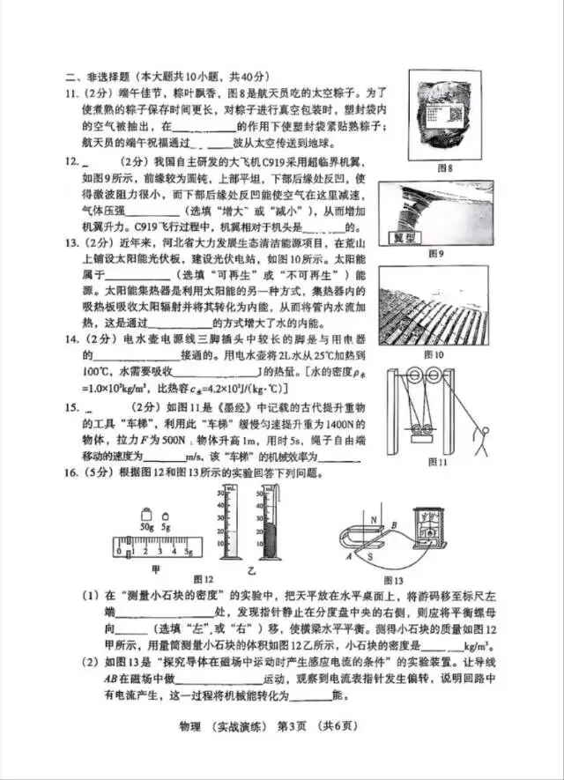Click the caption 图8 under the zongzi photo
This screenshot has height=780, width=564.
[444, 167]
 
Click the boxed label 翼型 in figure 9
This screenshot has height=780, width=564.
[430, 238]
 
